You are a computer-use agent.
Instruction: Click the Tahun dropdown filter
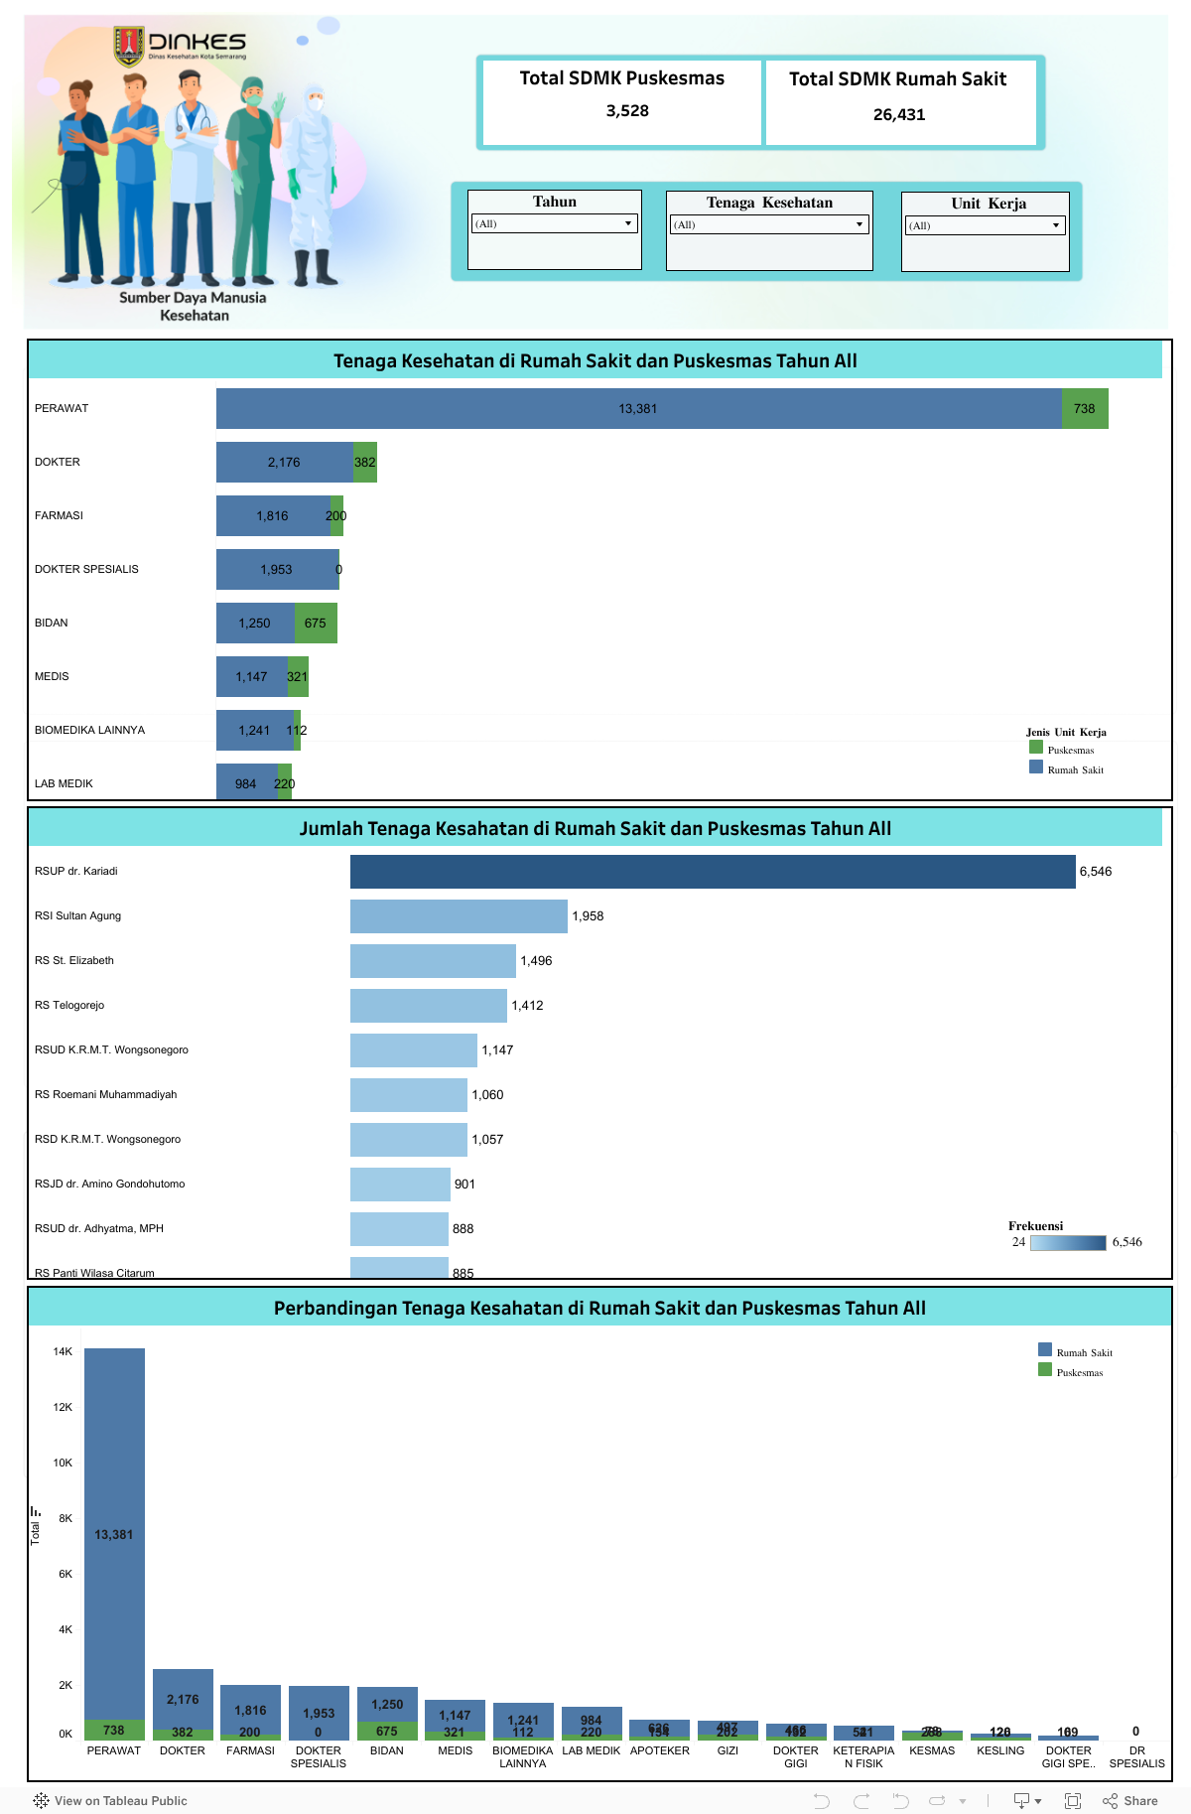click(554, 224)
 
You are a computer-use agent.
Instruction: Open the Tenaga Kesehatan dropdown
click(769, 225)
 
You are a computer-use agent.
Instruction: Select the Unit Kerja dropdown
click(985, 226)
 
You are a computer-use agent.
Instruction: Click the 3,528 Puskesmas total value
click(627, 111)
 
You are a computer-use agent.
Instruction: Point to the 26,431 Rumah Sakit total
click(899, 115)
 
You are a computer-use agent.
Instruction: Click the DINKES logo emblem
click(129, 46)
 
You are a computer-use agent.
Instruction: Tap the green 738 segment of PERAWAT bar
click(1084, 409)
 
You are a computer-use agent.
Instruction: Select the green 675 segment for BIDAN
click(316, 624)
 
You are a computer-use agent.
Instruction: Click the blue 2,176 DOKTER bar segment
click(284, 463)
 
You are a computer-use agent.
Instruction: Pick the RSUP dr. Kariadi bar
click(713, 872)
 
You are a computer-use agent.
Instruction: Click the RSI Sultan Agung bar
click(459, 916)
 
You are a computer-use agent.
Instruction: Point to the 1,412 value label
click(527, 1006)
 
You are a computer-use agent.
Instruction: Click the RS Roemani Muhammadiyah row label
click(106, 1095)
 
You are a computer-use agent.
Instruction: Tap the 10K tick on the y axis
click(63, 1464)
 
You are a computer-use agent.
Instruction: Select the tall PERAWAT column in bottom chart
click(114, 1534)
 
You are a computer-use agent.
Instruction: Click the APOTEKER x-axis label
click(659, 1751)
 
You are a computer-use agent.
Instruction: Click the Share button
click(1130, 1801)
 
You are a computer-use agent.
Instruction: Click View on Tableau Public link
click(110, 1801)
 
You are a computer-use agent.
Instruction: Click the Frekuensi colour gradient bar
click(1068, 1243)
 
